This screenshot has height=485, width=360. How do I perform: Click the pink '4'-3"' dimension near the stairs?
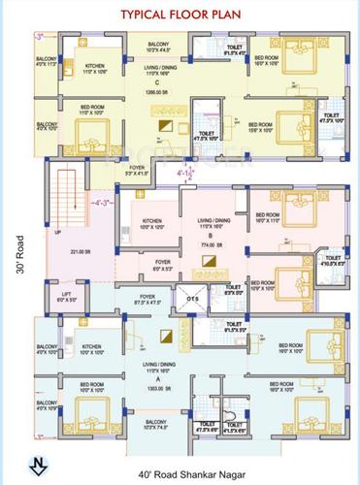click(74, 203)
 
